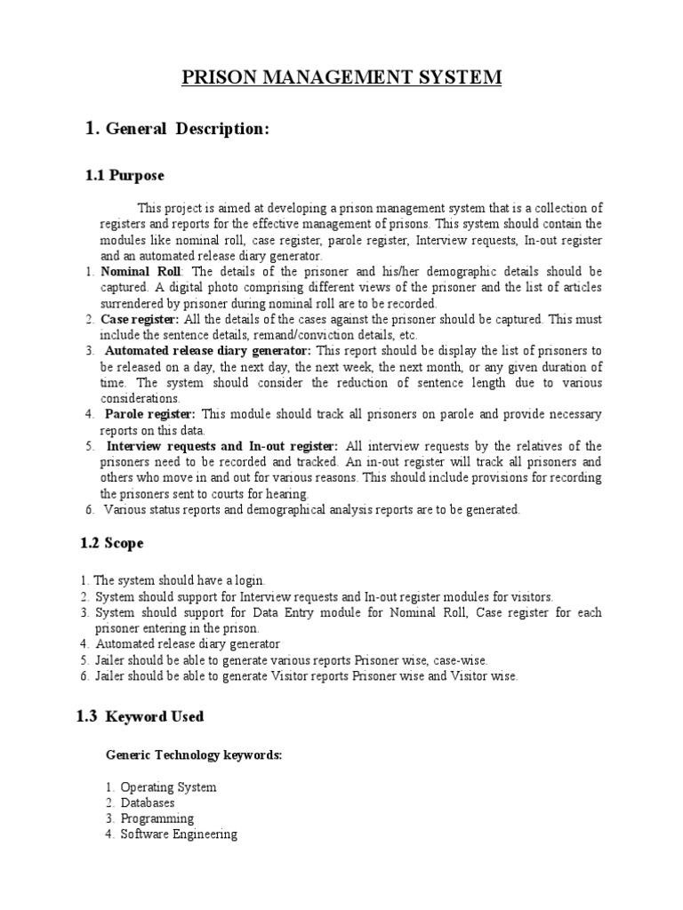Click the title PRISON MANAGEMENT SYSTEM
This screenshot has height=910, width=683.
point(341,77)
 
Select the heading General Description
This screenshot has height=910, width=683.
point(186,129)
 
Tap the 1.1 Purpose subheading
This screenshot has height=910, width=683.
point(125,176)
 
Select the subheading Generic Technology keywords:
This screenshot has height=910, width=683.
point(194,754)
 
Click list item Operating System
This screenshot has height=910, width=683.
point(168,787)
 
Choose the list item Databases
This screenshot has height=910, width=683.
point(148,802)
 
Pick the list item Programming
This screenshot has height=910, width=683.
point(157,818)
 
